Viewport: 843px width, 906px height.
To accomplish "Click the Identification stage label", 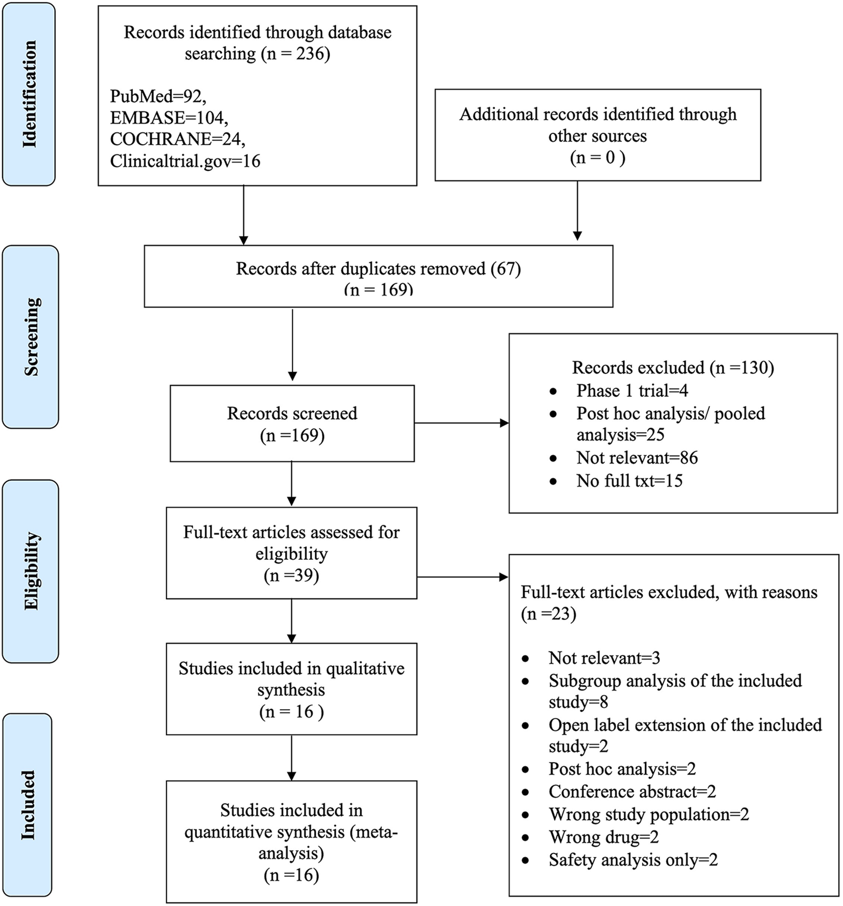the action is pos(30,94).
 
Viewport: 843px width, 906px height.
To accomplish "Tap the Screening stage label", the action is pos(32,337).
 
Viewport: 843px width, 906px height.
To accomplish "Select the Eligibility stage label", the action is pos(32,571).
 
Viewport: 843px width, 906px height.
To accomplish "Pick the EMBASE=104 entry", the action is pos(169,118).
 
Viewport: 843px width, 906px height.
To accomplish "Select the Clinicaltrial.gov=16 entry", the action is pos(185,162).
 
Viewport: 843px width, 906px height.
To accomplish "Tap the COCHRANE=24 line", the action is pos(177,140).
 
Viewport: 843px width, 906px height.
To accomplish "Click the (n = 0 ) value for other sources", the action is pos(598,157).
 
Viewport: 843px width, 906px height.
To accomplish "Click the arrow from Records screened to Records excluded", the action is pos(462,423).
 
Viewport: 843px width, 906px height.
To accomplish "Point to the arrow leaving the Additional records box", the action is pos(577,211).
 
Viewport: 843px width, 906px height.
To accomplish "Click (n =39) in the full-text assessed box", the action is pos(291,576).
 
